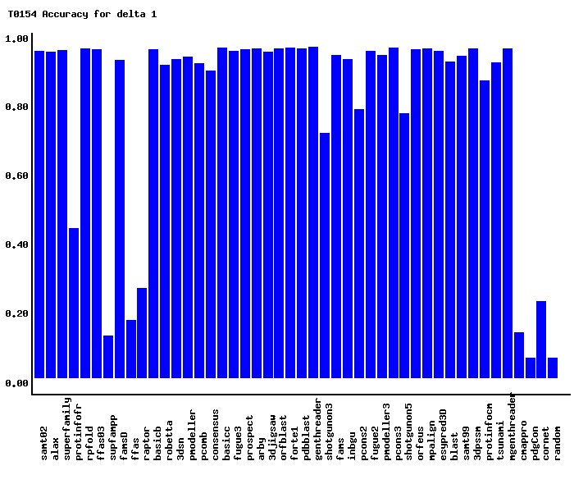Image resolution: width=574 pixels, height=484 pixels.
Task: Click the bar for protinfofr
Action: click(x=74, y=303)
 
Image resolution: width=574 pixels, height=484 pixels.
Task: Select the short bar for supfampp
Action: click(x=108, y=357)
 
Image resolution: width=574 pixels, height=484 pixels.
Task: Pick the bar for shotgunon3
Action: click(x=325, y=255)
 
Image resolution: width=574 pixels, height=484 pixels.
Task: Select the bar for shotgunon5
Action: click(x=404, y=245)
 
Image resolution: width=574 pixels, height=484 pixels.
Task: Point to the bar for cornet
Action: click(x=541, y=340)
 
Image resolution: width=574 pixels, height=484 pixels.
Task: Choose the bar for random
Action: click(x=553, y=368)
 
